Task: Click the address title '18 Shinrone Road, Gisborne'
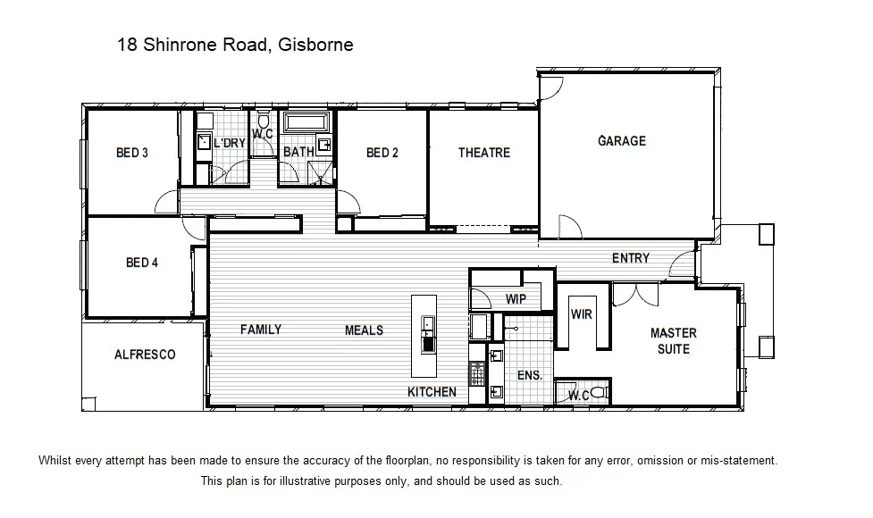(x=235, y=44)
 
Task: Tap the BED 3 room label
(x=132, y=153)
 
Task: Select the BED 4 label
(x=142, y=263)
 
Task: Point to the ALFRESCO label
(x=145, y=355)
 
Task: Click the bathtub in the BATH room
(x=306, y=122)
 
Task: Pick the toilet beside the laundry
(x=264, y=121)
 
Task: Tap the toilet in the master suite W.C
(x=598, y=393)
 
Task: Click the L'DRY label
(x=230, y=143)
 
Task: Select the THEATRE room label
(x=484, y=153)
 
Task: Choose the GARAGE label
(x=622, y=141)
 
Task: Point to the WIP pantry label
(x=516, y=299)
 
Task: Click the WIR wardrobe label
(x=582, y=313)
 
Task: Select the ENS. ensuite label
(x=530, y=375)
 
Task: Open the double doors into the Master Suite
(x=637, y=293)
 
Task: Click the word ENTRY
(x=630, y=258)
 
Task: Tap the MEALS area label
(x=364, y=330)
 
